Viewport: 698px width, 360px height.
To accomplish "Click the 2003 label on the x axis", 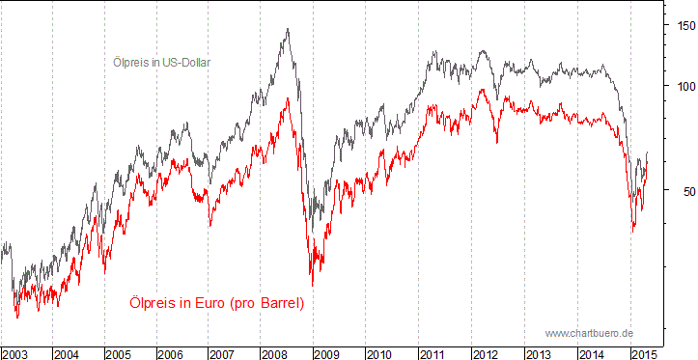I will point(16,352).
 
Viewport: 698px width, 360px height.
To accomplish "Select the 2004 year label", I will point(67,352).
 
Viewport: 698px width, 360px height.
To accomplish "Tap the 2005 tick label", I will point(119,352).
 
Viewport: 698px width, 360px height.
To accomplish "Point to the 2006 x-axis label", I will point(171,352).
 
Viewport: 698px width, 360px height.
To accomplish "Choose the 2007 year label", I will point(223,352).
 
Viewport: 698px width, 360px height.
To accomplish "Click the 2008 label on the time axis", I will point(275,352).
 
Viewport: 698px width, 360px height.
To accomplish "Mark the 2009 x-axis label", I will point(328,352).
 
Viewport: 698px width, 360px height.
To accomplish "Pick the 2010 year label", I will point(380,352).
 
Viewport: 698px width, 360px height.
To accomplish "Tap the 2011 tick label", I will point(433,352).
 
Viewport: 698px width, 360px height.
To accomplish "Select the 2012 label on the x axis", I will point(485,352).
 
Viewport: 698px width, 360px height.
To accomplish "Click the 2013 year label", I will point(538,352).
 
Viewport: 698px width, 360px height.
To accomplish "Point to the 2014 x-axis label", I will point(590,352).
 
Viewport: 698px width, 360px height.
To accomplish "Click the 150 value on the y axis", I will point(684,26).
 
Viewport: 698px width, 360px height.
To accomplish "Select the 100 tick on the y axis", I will point(684,86).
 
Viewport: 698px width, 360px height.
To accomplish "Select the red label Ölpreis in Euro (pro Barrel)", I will point(216,303).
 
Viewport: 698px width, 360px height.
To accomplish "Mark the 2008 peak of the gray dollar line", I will point(288,29).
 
